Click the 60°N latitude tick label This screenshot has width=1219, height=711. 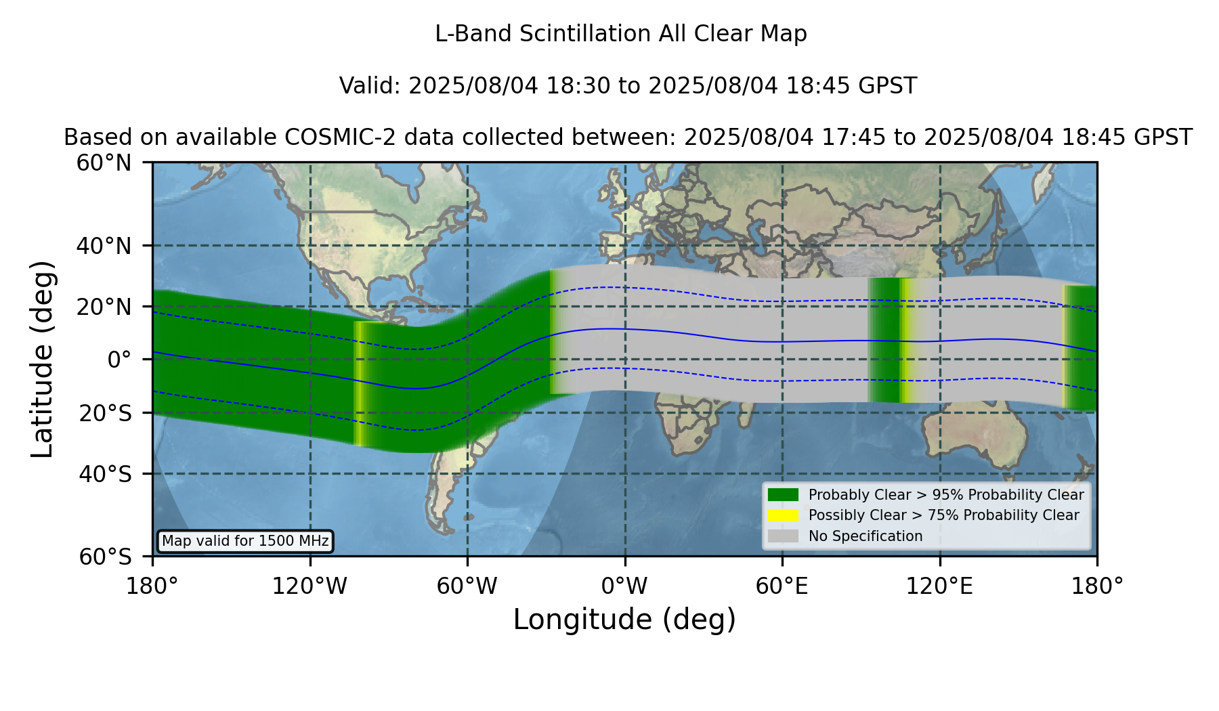[104, 163]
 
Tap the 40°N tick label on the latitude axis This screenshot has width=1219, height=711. [104, 246]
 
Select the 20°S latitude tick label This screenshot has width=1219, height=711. [105, 413]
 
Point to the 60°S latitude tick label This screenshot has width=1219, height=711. [105, 557]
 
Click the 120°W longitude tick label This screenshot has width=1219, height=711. [309, 586]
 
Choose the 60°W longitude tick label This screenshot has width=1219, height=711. [467, 586]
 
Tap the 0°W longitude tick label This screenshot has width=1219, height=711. [624, 586]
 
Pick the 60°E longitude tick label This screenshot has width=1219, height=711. [782, 586]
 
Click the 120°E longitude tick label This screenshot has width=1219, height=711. [939, 586]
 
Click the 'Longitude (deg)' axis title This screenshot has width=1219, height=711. [624, 620]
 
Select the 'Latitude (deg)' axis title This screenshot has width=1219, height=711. [43, 359]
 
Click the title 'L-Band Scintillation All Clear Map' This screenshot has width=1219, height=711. [621, 34]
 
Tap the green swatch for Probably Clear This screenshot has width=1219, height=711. [783, 495]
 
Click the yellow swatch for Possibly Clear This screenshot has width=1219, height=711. [783, 515]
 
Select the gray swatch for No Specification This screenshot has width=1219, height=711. [783, 536]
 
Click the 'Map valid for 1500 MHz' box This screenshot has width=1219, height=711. [245, 541]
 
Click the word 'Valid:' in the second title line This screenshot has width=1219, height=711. [370, 86]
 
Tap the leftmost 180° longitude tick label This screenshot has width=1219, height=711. [152, 586]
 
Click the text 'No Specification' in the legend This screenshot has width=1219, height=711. [865, 536]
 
